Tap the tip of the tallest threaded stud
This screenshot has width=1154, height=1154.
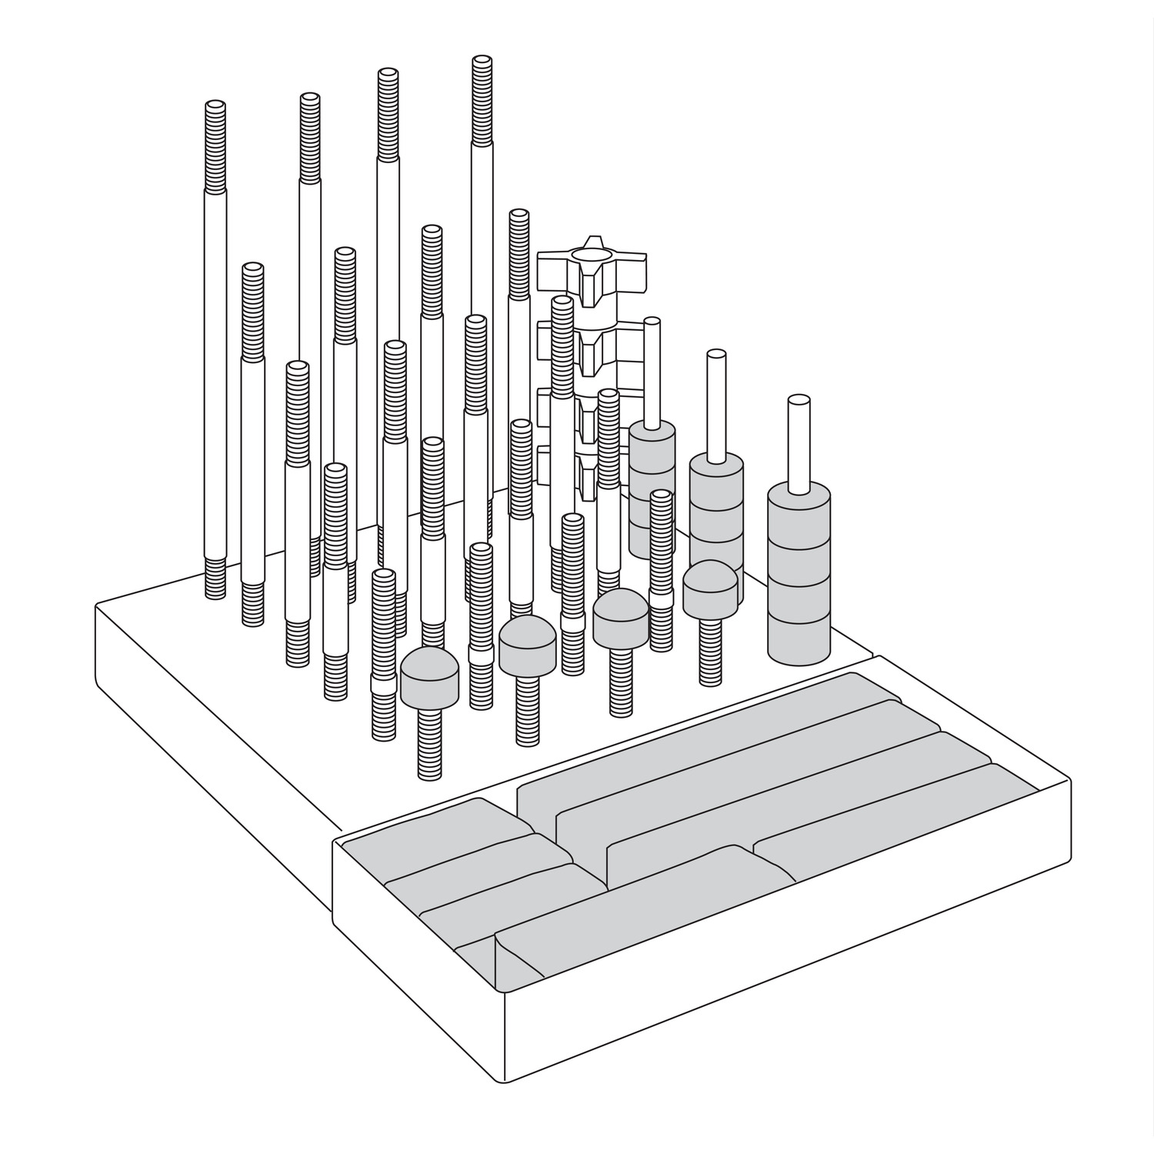(x=482, y=62)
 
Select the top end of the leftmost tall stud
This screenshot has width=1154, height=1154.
(x=215, y=106)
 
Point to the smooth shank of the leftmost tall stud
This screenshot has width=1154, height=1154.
(x=215, y=369)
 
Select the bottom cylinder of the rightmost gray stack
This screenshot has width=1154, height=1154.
(x=800, y=639)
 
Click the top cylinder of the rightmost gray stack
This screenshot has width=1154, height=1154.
(x=800, y=515)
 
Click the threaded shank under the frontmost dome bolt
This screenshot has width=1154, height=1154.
(x=430, y=742)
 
